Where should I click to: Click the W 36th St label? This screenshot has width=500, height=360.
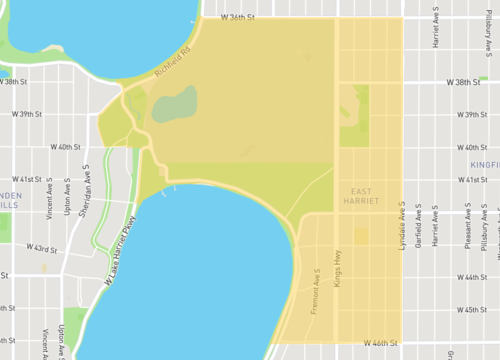tap(236, 18)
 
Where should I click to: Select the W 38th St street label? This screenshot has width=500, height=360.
tap(464, 81)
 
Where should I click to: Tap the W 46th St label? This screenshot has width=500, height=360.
tap(381, 343)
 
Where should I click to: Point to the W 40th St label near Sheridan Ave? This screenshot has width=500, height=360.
tap(62, 147)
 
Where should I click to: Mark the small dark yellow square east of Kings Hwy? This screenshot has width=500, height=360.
tap(361, 236)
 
